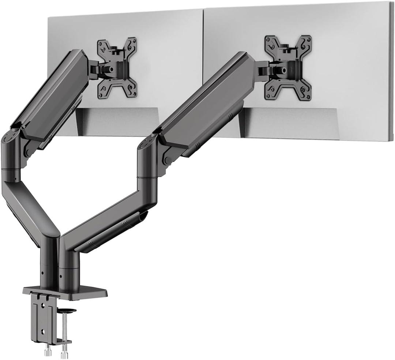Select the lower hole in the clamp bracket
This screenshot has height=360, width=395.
43,332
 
